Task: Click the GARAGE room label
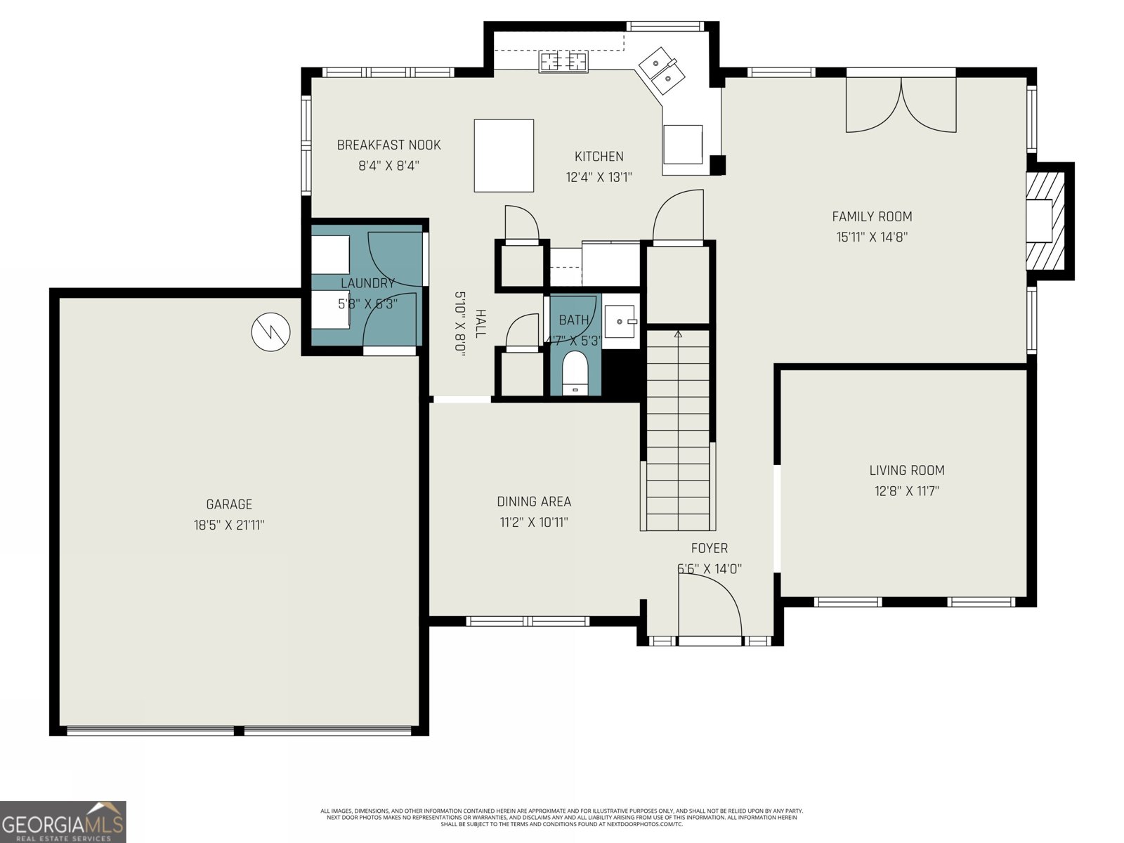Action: pyautogui.click(x=229, y=504)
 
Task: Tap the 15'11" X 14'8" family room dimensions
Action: pyautogui.click(x=872, y=237)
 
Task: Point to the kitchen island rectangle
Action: pyautogui.click(x=504, y=155)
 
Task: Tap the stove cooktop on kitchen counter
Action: pyautogui.click(x=563, y=62)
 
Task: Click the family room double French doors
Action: pyautogui.click(x=901, y=104)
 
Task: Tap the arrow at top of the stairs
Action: pyautogui.click(x=678, y=334)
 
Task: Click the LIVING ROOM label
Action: pyautogui.click(x=906, y=470)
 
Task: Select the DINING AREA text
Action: pyautogui.click(x=534, y=502)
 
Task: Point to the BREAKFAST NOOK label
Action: pyautogui.click(x=388, y=145)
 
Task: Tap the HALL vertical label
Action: pyautogui.click(x=481, y=323)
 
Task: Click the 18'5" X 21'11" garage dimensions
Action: pyautogui.click(x=229, y=525)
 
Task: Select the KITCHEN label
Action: pyautogui.click(x=599, y=157)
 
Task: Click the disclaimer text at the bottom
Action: pyautogui.click(x=562, y=817)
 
